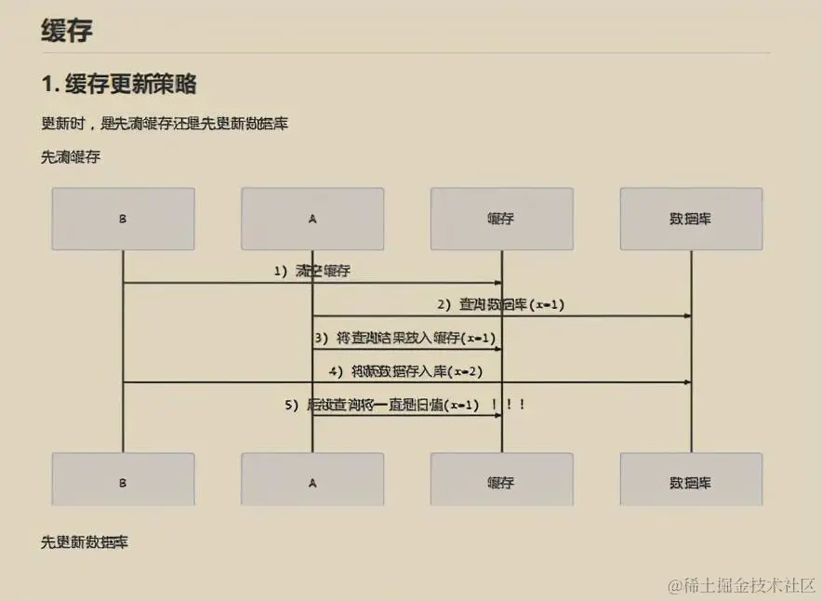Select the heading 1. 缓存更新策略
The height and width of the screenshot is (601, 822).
point(118,84)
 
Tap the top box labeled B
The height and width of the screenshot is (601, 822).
point(123,219)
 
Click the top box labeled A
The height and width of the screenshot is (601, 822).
point(312,219)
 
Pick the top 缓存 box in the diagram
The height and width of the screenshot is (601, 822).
point(501,219)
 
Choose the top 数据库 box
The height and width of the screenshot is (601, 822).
point(691,219)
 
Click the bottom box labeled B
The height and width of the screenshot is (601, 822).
point(123,482)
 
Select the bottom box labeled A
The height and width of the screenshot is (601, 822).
point(312,482)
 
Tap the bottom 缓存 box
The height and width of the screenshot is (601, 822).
point(501,482)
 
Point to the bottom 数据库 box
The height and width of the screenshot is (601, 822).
point(691,482)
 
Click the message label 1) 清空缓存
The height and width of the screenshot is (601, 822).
point(312,271)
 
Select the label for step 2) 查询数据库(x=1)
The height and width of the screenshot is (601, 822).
point(501,304)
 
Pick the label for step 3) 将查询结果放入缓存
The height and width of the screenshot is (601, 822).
point(404,338)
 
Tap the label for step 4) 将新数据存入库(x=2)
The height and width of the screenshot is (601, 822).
point(404,371)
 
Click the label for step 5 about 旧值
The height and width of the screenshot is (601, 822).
point(381,405)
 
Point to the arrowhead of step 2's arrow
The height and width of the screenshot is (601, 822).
point(687,316)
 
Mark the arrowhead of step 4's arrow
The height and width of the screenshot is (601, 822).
point(687,382)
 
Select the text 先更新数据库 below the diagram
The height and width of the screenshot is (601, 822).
point(84,541)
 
